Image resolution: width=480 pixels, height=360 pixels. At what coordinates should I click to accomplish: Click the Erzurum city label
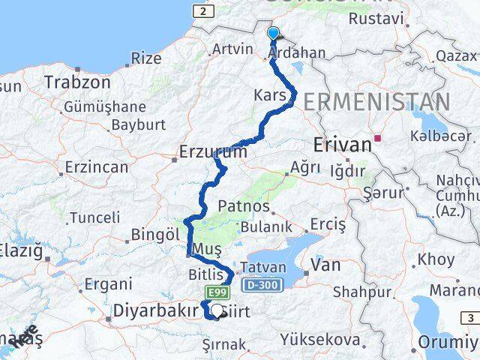pyautogui.click(x=213, y=152)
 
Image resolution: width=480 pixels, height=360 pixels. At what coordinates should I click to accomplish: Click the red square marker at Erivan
pyautogui.click(x=380, y=138)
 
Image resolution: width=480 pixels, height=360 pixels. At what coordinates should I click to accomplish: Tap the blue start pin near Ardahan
pyautogui.click(x=273, y=34)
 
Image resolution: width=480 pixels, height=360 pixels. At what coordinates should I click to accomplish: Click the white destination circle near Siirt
pyautogui.click(x=217, y=309)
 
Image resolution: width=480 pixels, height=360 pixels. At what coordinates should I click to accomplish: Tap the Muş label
pyautogui.click(x=205, y=249)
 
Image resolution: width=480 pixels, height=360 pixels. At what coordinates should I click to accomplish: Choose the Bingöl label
pyautogui.click(x=156, y=234)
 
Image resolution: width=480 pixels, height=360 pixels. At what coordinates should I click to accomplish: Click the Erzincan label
pyautogui.click(x=96, y=166)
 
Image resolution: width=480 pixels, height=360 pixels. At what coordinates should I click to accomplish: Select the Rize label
pyautogui.click(x=145, y=58)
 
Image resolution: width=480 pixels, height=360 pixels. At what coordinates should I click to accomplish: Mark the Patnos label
pyautogui.click(x=243, y=205)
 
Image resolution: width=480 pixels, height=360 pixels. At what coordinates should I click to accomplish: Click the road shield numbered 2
pyautogui.click(x=202, y=11)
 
